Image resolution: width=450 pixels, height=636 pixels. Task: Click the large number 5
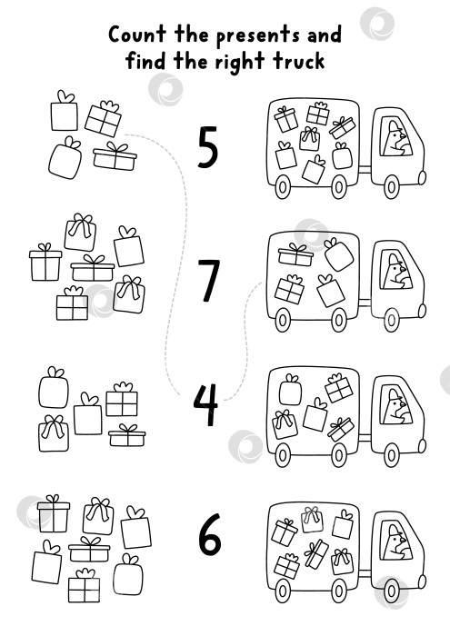click(208, 147)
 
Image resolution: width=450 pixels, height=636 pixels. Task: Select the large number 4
click(205, 405)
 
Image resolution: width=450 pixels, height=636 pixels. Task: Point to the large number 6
click(210, 534)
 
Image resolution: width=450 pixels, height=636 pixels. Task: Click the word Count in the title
click(137, 35)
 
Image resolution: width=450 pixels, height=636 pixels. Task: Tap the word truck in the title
click(299, 61)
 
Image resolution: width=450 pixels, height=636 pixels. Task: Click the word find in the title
click(145, 61)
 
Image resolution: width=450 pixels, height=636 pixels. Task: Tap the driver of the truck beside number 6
click(395, 542)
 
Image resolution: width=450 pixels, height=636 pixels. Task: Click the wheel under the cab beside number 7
click(391, 320)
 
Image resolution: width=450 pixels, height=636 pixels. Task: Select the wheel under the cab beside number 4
click(392, 454)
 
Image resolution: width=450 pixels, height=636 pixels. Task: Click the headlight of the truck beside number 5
click(422, 178)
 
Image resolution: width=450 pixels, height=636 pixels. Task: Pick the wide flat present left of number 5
click(115, 156)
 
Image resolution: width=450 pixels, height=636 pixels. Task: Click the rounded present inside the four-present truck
click(339, 254)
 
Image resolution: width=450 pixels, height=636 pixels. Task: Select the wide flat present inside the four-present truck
click(295, 254)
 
